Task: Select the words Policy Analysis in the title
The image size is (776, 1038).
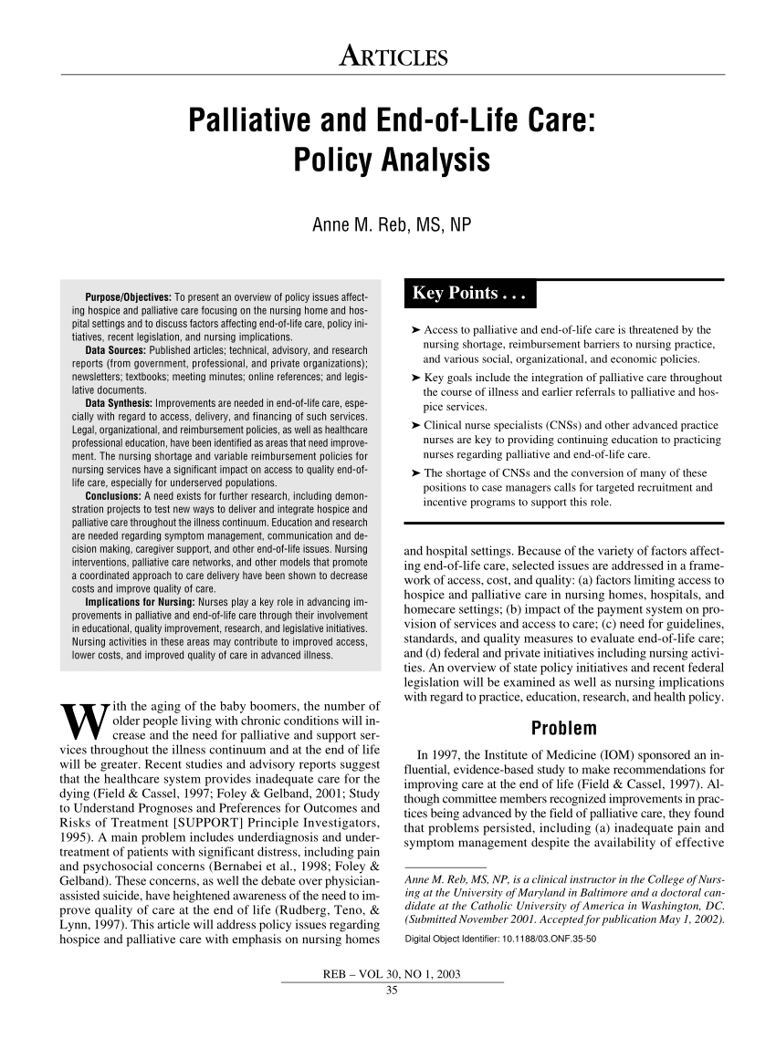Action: point(392,161)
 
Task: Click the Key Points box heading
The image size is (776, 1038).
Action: point(471,294)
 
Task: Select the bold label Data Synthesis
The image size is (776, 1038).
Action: point(121,401)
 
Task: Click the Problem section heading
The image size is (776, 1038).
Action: point(563,729)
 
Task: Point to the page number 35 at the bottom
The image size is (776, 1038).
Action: point(392,992)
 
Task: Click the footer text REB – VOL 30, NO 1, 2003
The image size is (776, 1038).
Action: point(392,974)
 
